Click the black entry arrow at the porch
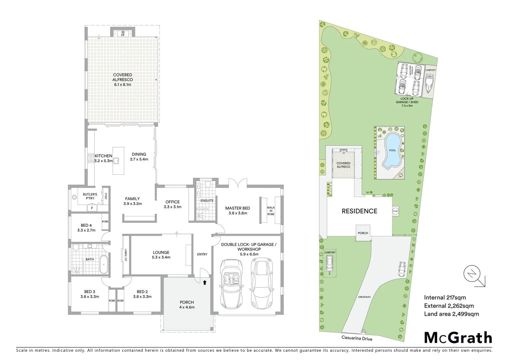205,283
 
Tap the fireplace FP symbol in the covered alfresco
123,33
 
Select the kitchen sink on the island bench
116,161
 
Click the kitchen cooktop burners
91,158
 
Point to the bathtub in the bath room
104,265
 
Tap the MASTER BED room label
238,210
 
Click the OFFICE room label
173,204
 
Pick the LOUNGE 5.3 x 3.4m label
161,255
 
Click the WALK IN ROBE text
271,211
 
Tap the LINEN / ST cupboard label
126,255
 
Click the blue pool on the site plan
392,151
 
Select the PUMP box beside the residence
395,211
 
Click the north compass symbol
472,274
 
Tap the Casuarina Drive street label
357,338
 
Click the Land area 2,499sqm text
451,314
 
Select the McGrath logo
458,337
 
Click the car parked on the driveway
402,269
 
